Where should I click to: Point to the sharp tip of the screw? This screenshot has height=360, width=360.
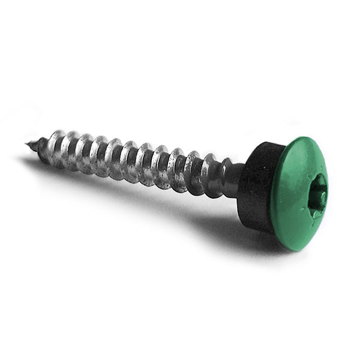pyautogui.click(x=28, y=143)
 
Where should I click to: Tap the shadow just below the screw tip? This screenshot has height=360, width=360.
pyautogui.click(x=36, y=162)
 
